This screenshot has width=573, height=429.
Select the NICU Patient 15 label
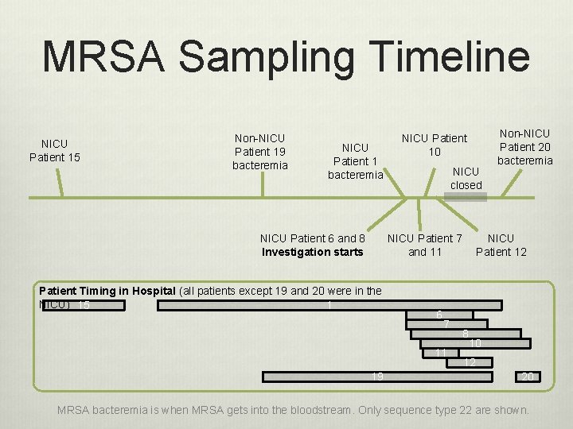pyautogui.click(x=54, y=150)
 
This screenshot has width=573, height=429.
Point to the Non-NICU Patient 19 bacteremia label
pyautogui.click(x=259, y=151)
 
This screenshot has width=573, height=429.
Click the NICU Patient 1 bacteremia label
pyautogui.click(x=355, y=160)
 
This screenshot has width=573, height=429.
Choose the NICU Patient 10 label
pyautogui.click(x=435, y=145)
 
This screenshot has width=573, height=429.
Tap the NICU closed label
pyautogui.click(x=466, y=178)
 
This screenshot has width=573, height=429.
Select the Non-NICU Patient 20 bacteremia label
pyautogui.click(x=524, y=147)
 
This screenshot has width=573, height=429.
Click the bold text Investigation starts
pyautogui.click(x=312, y=253)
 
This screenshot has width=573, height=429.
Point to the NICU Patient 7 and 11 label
pyautogui.click(x=424, y=245)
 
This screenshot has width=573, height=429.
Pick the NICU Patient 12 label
pyautogui.click(x=501, y=245)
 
